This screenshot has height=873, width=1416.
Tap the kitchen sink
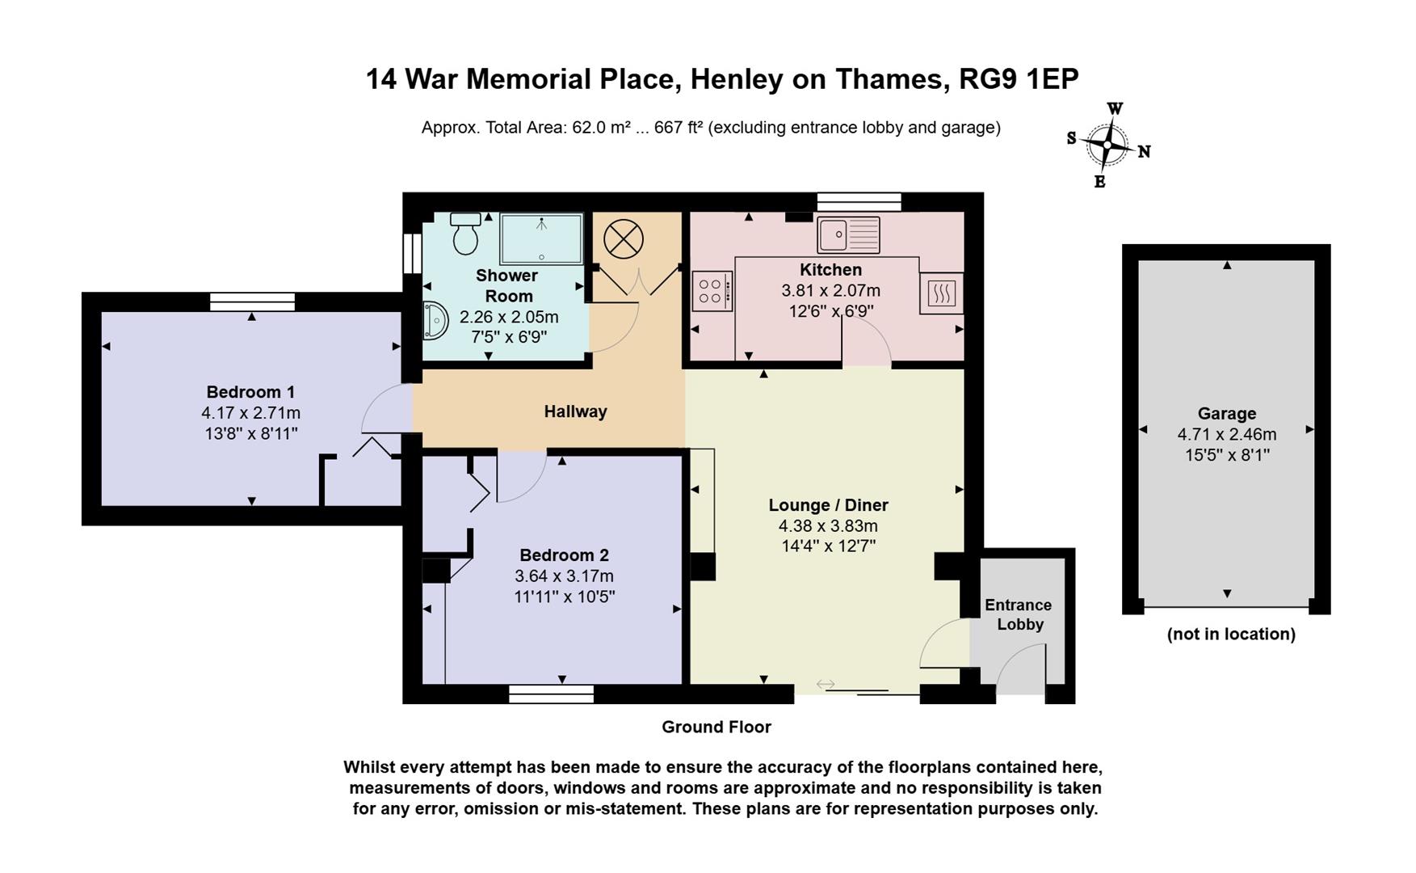click(848, 235)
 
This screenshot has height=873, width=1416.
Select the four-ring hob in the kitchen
click(712, 291)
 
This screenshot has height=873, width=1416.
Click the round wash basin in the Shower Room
click(435, 321)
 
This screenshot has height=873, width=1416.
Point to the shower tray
click(541, 238)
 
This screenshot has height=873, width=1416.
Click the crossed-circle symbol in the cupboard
click(624, 239)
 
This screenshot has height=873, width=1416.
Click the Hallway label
click(575, 411)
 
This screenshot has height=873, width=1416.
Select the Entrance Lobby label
click(1019, 614)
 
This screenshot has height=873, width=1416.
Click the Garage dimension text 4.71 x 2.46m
click(1227, 434)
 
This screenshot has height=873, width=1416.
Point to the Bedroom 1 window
click(252, 302)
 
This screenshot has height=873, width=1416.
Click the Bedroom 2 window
click(552, 694)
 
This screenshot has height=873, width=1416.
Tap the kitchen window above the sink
click(859, 201)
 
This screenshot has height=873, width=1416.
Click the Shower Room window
click(412, 253)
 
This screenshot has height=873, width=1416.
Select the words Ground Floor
click(716, 727)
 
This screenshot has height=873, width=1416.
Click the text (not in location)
click(1231, 635)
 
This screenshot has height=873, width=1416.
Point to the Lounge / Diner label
click(828, 505)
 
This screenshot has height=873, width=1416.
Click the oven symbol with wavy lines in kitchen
click(941, 293)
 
